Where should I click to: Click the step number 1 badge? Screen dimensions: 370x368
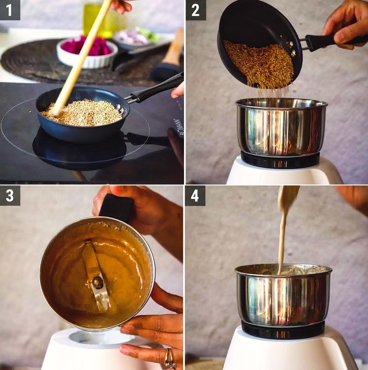click(10, 10)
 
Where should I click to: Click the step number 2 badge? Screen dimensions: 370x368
click(195, 10)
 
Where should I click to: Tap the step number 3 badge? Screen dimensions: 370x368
click(10, 196)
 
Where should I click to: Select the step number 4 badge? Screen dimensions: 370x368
click(195, 196)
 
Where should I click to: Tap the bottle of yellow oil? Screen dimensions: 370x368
click(94, 21)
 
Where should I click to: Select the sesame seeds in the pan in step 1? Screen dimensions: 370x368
click(87, 113)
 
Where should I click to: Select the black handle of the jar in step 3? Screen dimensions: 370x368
click(116, 207)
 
